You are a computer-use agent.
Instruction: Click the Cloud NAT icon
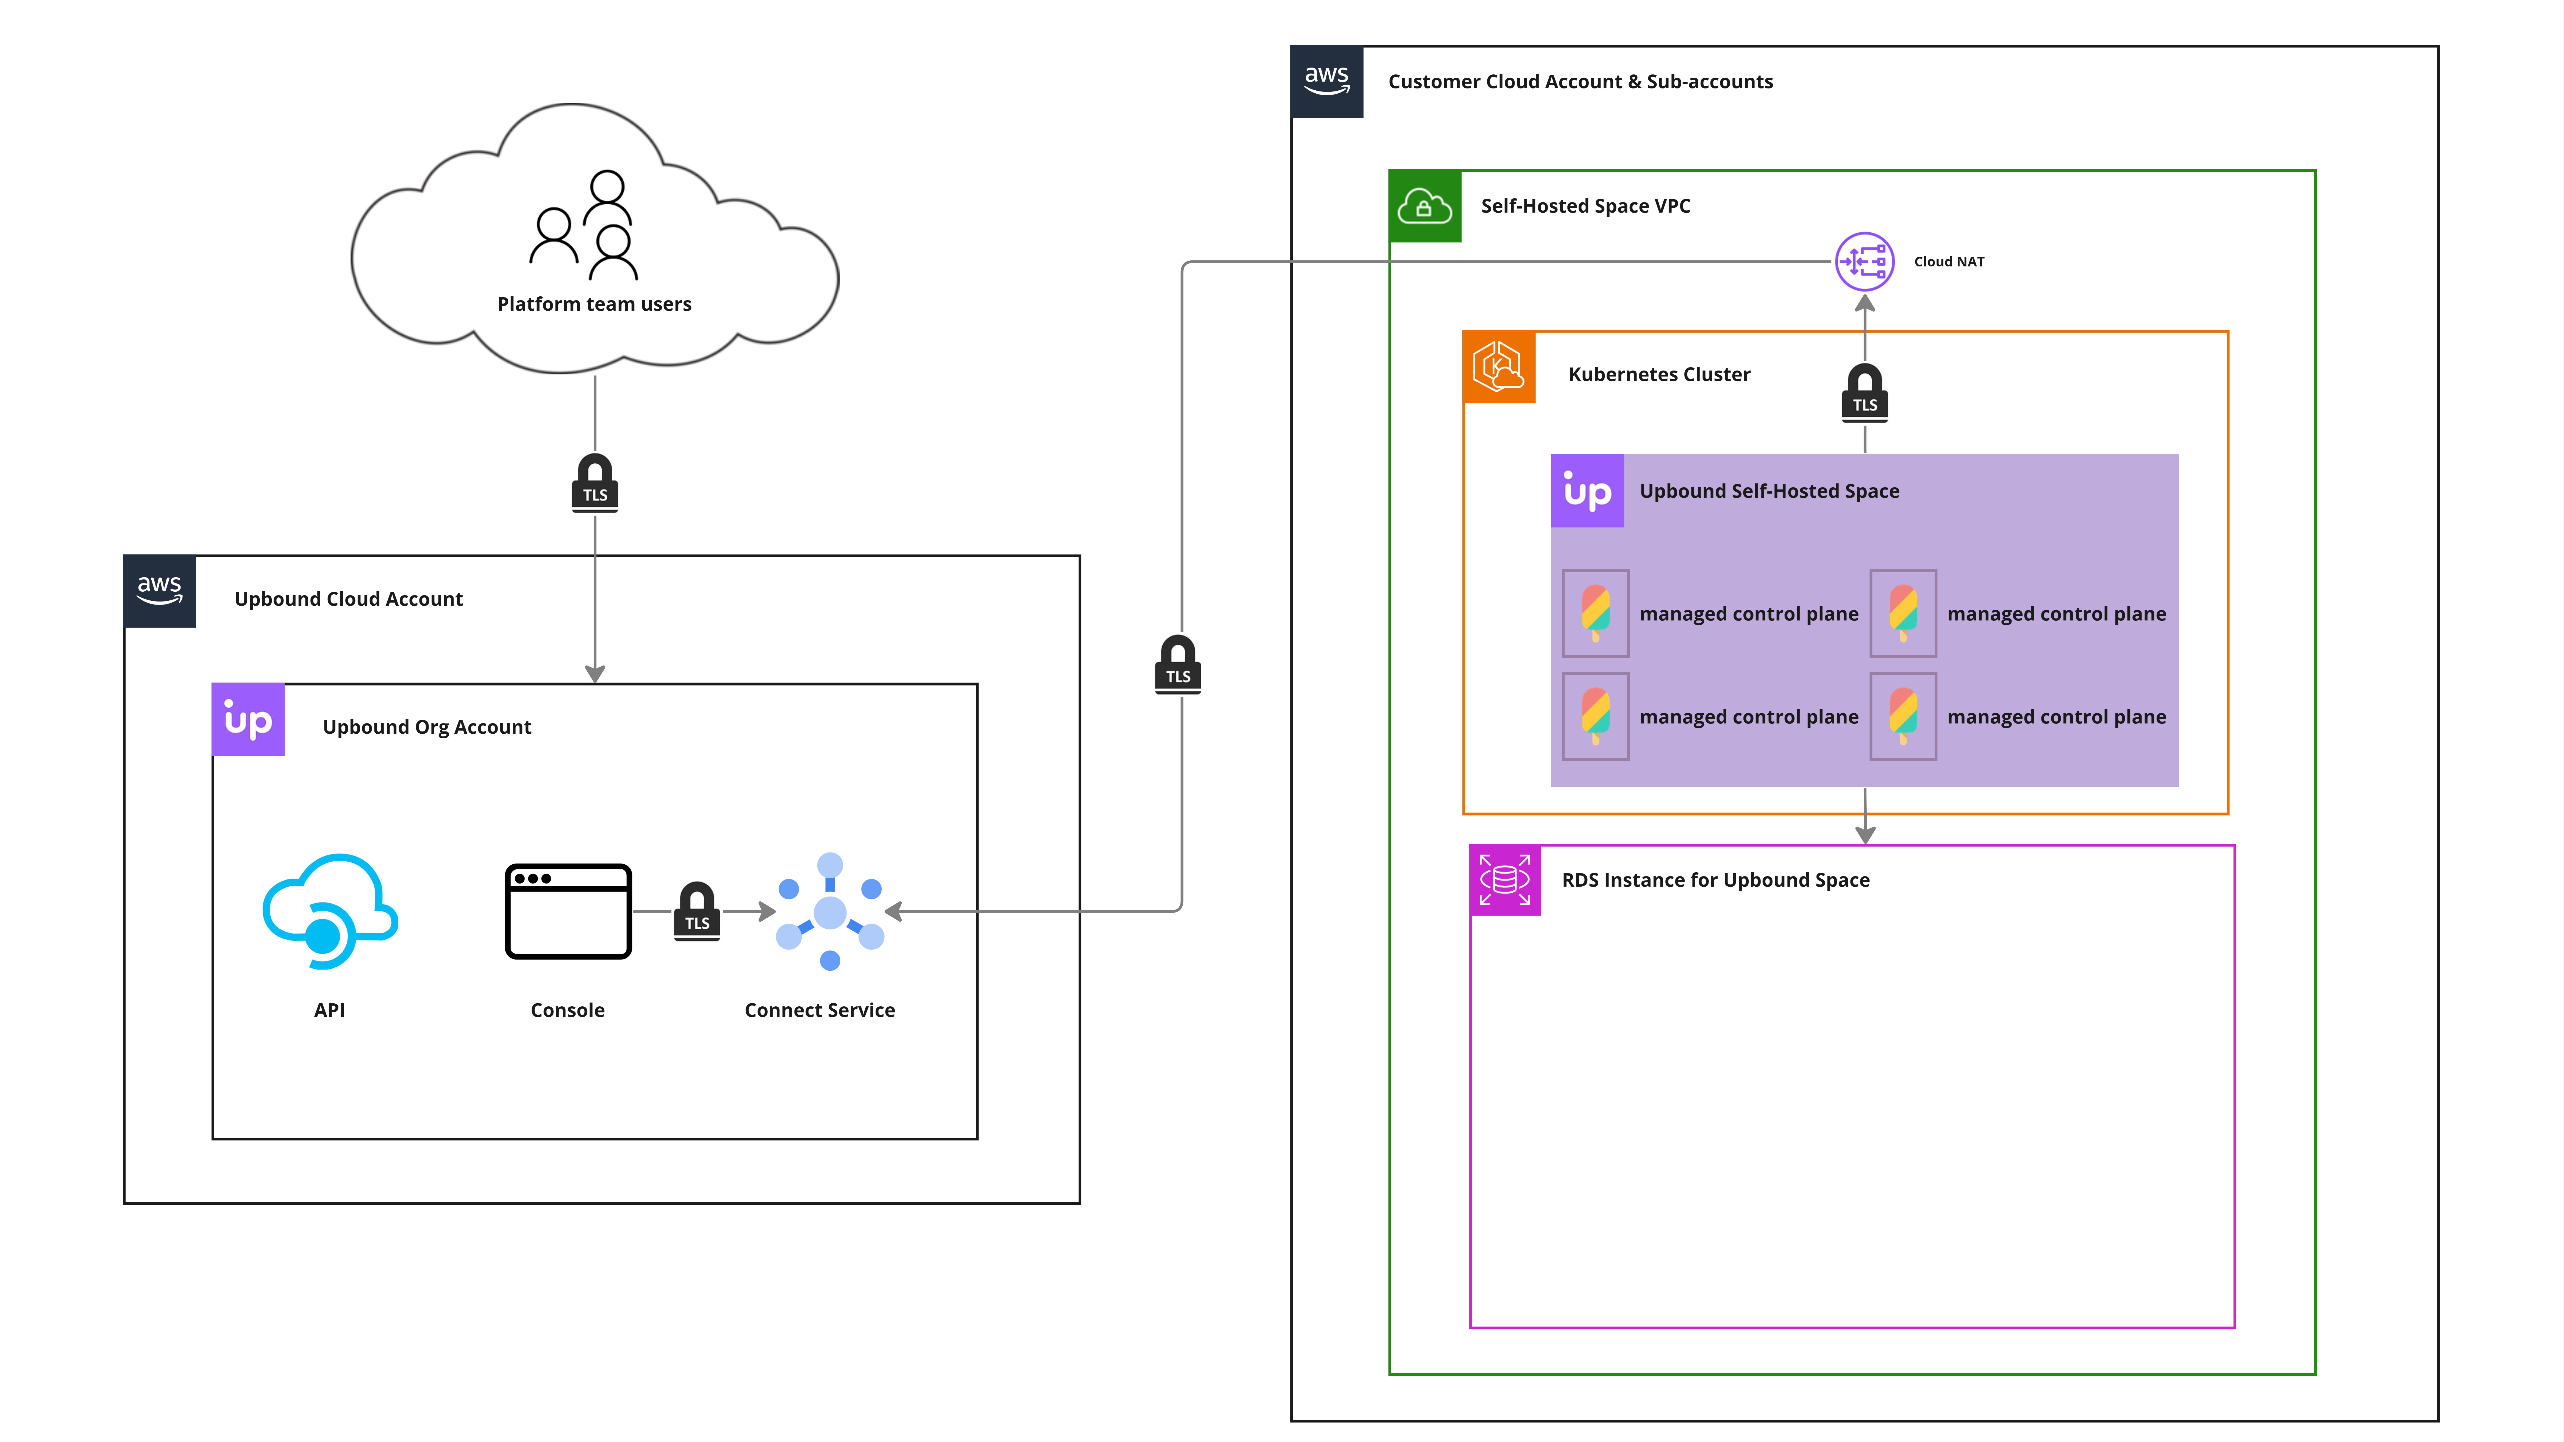click(1864, 262)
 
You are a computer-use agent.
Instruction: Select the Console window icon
click(568, 911)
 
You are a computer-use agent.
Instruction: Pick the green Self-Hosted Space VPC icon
click(1424, 207)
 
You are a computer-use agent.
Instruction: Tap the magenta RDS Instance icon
click(1505, 880)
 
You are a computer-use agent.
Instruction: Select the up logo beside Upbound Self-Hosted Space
click(1588, 491)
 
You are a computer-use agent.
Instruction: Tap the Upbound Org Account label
click(427, 728)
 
